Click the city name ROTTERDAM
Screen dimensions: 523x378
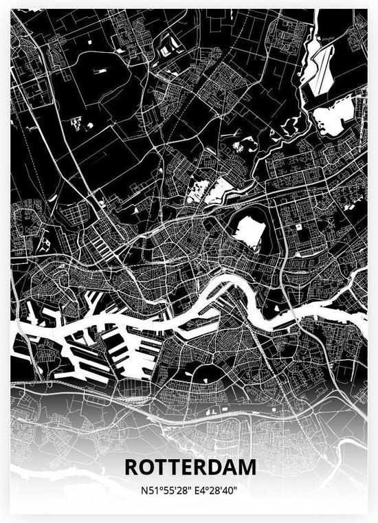190,467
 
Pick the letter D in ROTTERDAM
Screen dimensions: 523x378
215,467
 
